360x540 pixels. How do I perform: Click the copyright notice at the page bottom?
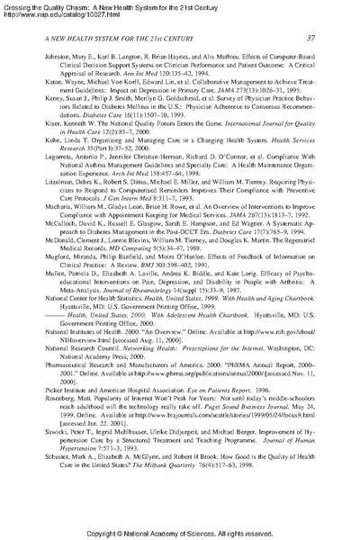[179, 533]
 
